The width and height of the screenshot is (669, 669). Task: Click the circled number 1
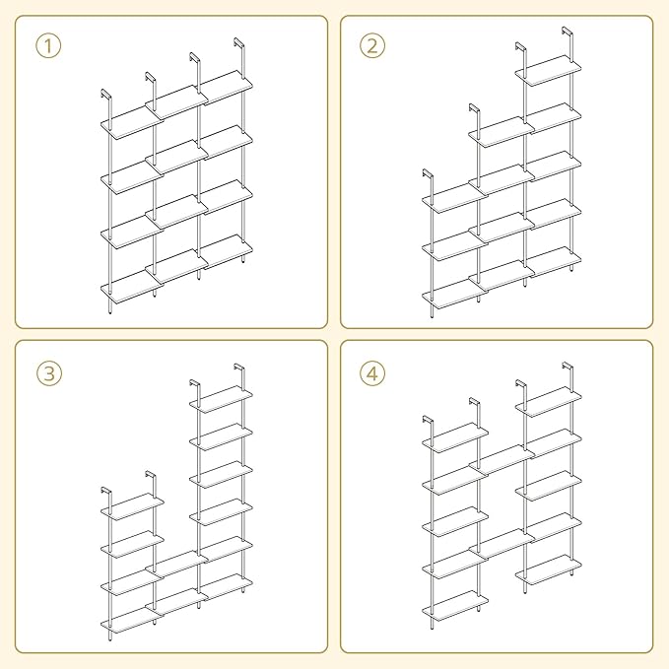pos(48,46)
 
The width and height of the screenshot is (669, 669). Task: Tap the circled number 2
pos(372,46)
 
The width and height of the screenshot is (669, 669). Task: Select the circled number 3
pos(49,373)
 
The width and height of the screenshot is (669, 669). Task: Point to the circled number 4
pos(372,373)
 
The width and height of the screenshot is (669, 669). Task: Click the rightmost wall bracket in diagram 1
pos(238,42)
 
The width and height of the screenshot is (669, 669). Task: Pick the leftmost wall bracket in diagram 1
pos(105,95)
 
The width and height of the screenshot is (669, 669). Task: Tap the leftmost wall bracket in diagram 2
pos(428,174)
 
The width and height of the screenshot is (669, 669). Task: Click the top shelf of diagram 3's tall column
pos(221,399)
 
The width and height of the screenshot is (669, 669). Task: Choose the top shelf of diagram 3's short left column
pos(132,506)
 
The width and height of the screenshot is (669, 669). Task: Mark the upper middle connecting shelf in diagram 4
pos(502,460)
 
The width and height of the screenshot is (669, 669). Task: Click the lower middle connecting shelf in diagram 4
pos(502,544)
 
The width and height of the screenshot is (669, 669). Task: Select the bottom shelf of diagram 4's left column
pos(455,604)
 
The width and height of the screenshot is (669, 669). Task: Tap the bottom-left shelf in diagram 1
pos(132,288)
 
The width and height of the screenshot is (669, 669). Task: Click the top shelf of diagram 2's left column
pos(454,197)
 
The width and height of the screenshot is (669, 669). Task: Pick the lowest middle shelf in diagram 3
pos(176,602)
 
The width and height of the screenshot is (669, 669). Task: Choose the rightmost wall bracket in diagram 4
pos(568,367)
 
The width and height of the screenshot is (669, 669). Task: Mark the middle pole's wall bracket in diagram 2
pos(474,108)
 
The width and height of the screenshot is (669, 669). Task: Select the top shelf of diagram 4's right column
pos(548,402)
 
